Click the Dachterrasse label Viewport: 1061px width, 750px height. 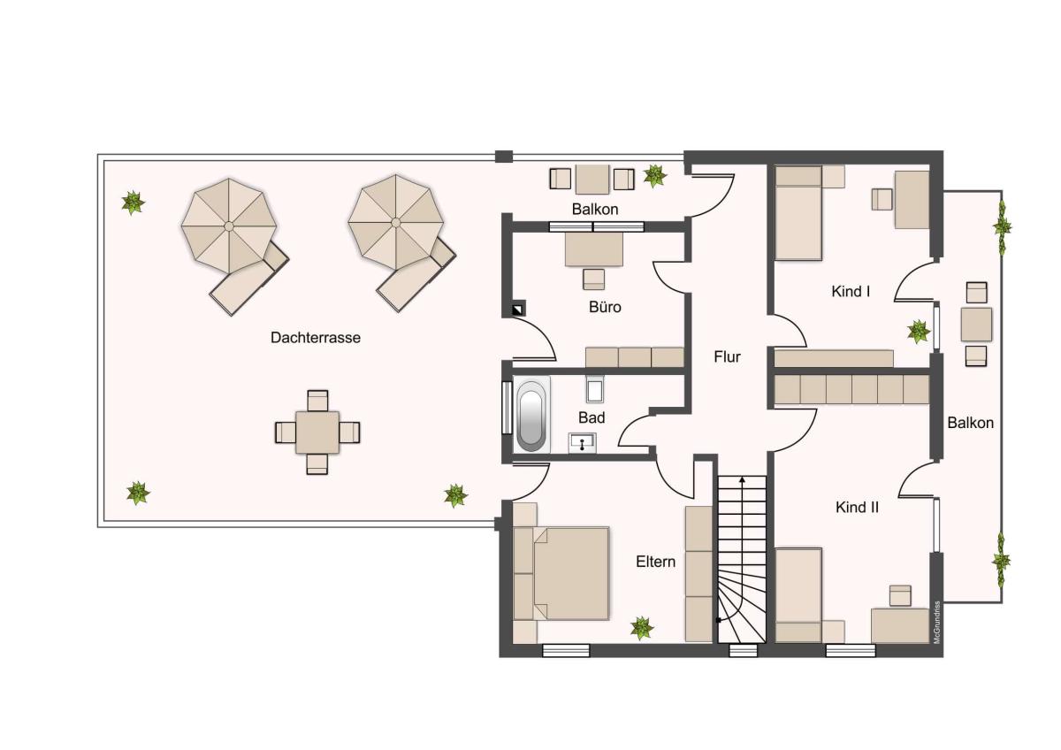click(316, 338)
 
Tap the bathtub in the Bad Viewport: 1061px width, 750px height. click(531, 414)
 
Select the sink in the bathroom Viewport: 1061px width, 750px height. click(582, 442)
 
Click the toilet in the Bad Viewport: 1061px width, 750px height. click(595, 389)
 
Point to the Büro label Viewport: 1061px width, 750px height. click(605, 307)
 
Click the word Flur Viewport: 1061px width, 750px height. click(727, 356)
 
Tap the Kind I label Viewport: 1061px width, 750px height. click(851, 291)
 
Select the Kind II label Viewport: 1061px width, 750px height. click(857, 508)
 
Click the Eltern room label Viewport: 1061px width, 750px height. click(655, 562)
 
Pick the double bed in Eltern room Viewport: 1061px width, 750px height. click(561, 573)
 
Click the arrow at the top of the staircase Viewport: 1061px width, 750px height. click(742, 481)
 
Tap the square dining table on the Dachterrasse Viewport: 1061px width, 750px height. click(317, 432)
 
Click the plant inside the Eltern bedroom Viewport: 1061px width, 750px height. click(642, 628)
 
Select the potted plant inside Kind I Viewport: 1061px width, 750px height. click(919, 331)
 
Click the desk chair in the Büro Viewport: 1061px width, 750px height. click(593, 279)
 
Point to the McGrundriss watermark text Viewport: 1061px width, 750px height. click(936, 623)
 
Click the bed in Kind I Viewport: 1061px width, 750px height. click(798, 213)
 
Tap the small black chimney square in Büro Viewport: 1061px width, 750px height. click(519, 310)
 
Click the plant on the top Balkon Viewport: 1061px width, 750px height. click(655, 176)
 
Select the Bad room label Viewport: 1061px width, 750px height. click(592, 417)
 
